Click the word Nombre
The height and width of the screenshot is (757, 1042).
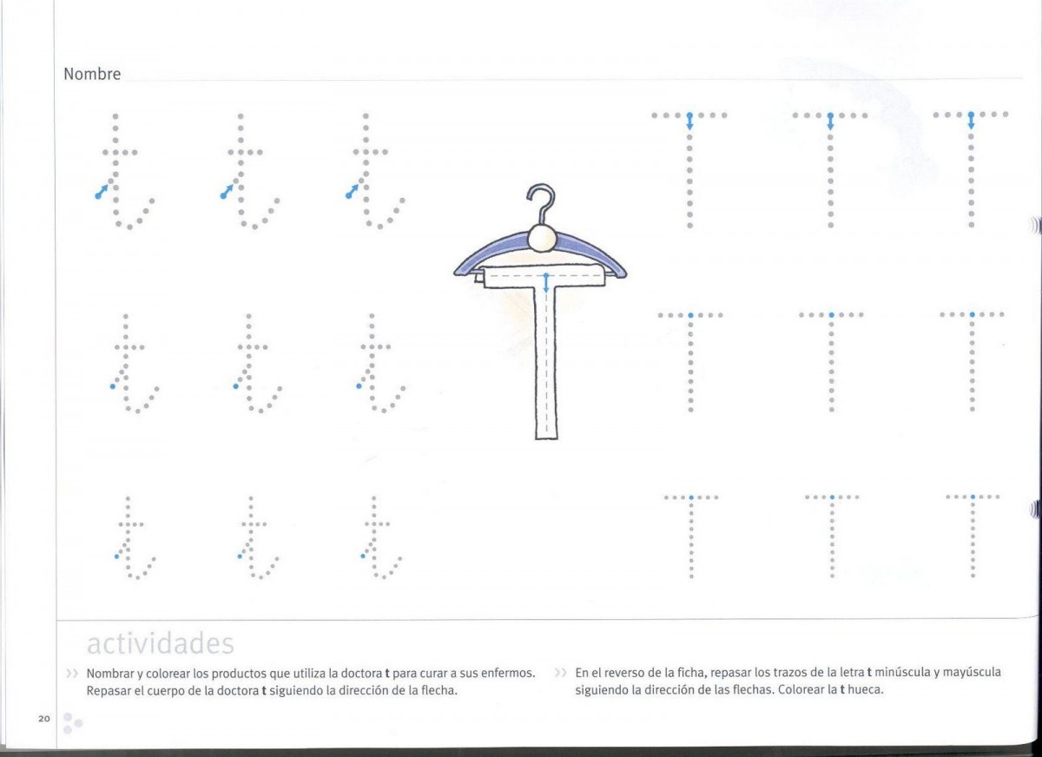tap(92, 74)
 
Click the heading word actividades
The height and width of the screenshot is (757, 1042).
tap(160, 643)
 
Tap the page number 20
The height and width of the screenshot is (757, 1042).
tap(44, 719)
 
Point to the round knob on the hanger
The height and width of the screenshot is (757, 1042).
tap(542, 238)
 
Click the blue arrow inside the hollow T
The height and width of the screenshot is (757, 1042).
tap(546, 283)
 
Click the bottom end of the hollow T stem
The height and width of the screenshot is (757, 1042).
tap(546, 438)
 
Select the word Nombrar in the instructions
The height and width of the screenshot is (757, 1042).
tap(109, 674)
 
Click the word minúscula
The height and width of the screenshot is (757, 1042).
tap(900, 673)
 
